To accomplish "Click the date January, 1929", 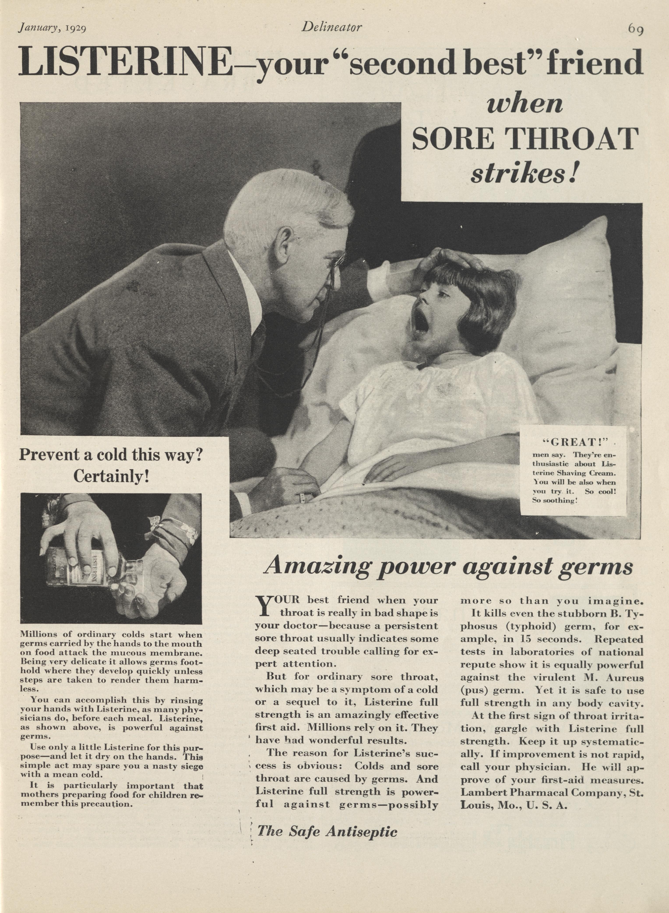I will (51, 28).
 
